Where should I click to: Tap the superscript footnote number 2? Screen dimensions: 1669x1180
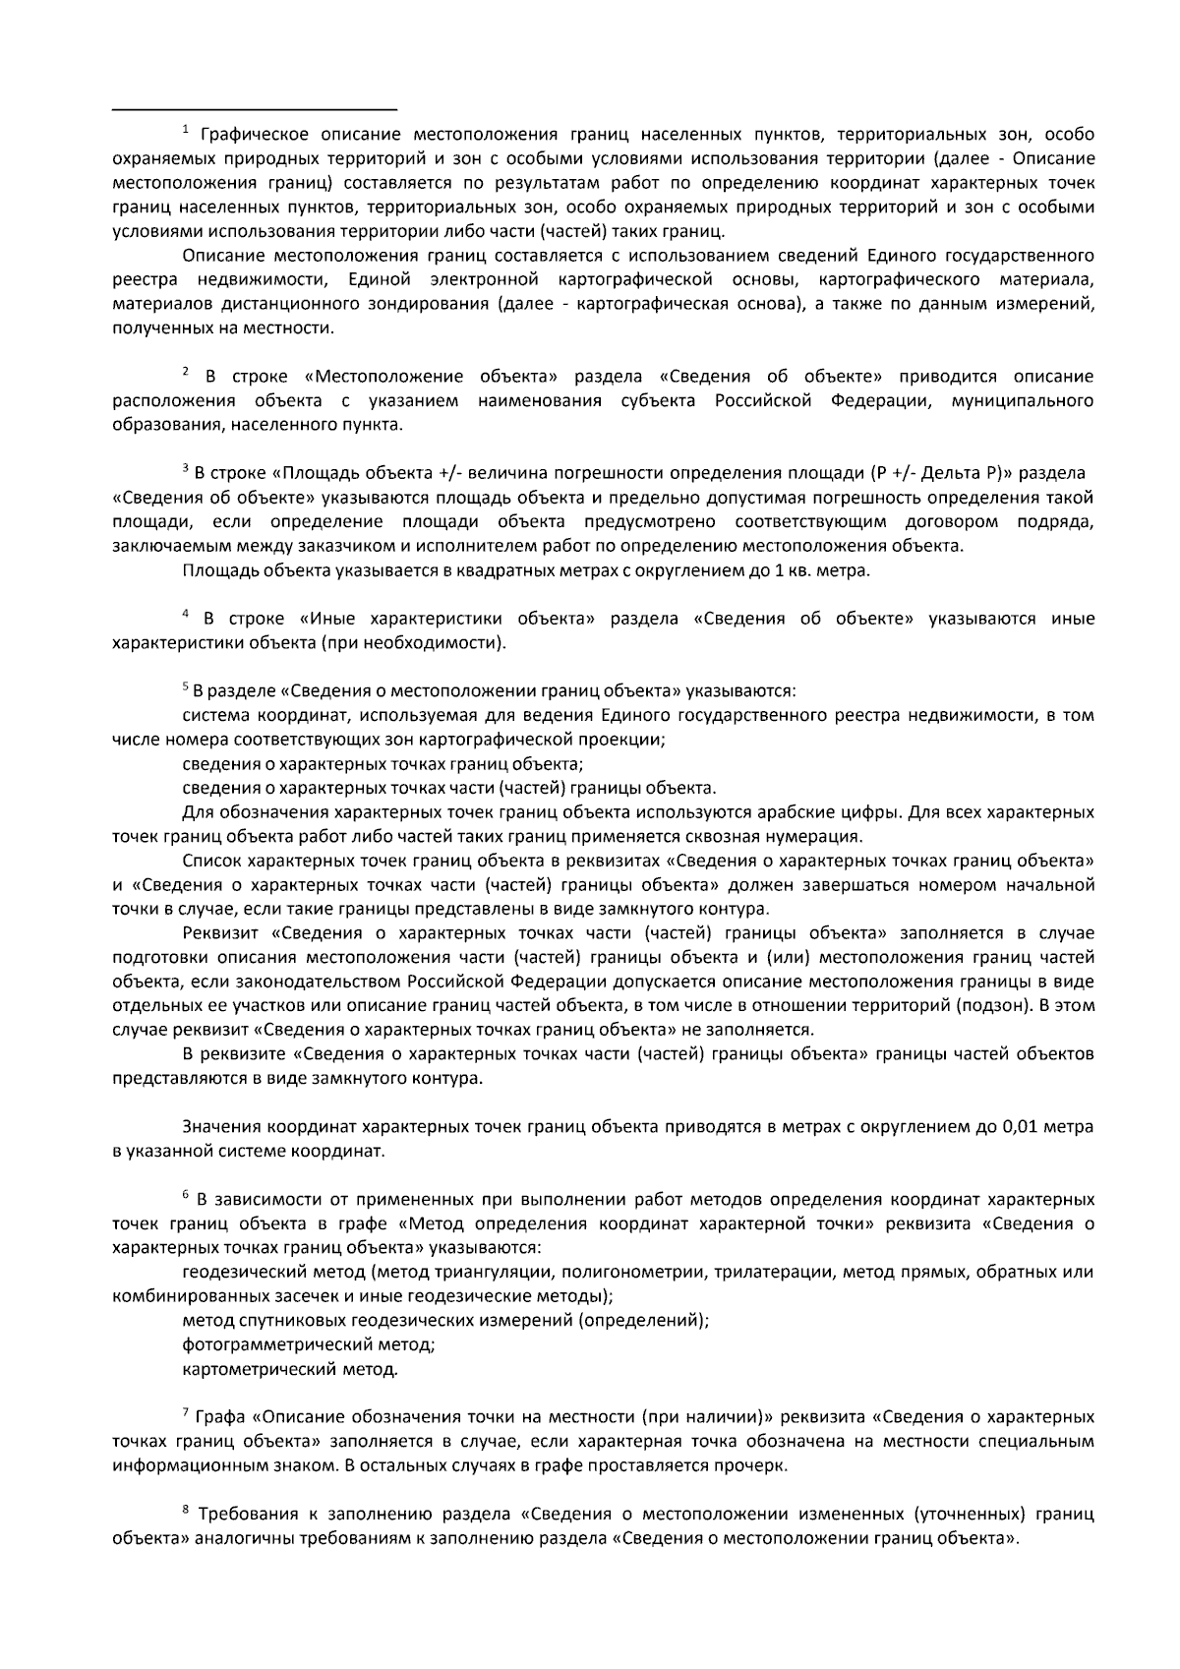tap(185, 371)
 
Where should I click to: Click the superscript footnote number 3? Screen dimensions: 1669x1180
tap(185, 467)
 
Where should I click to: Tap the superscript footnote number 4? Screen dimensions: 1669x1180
tap(185, 613)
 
